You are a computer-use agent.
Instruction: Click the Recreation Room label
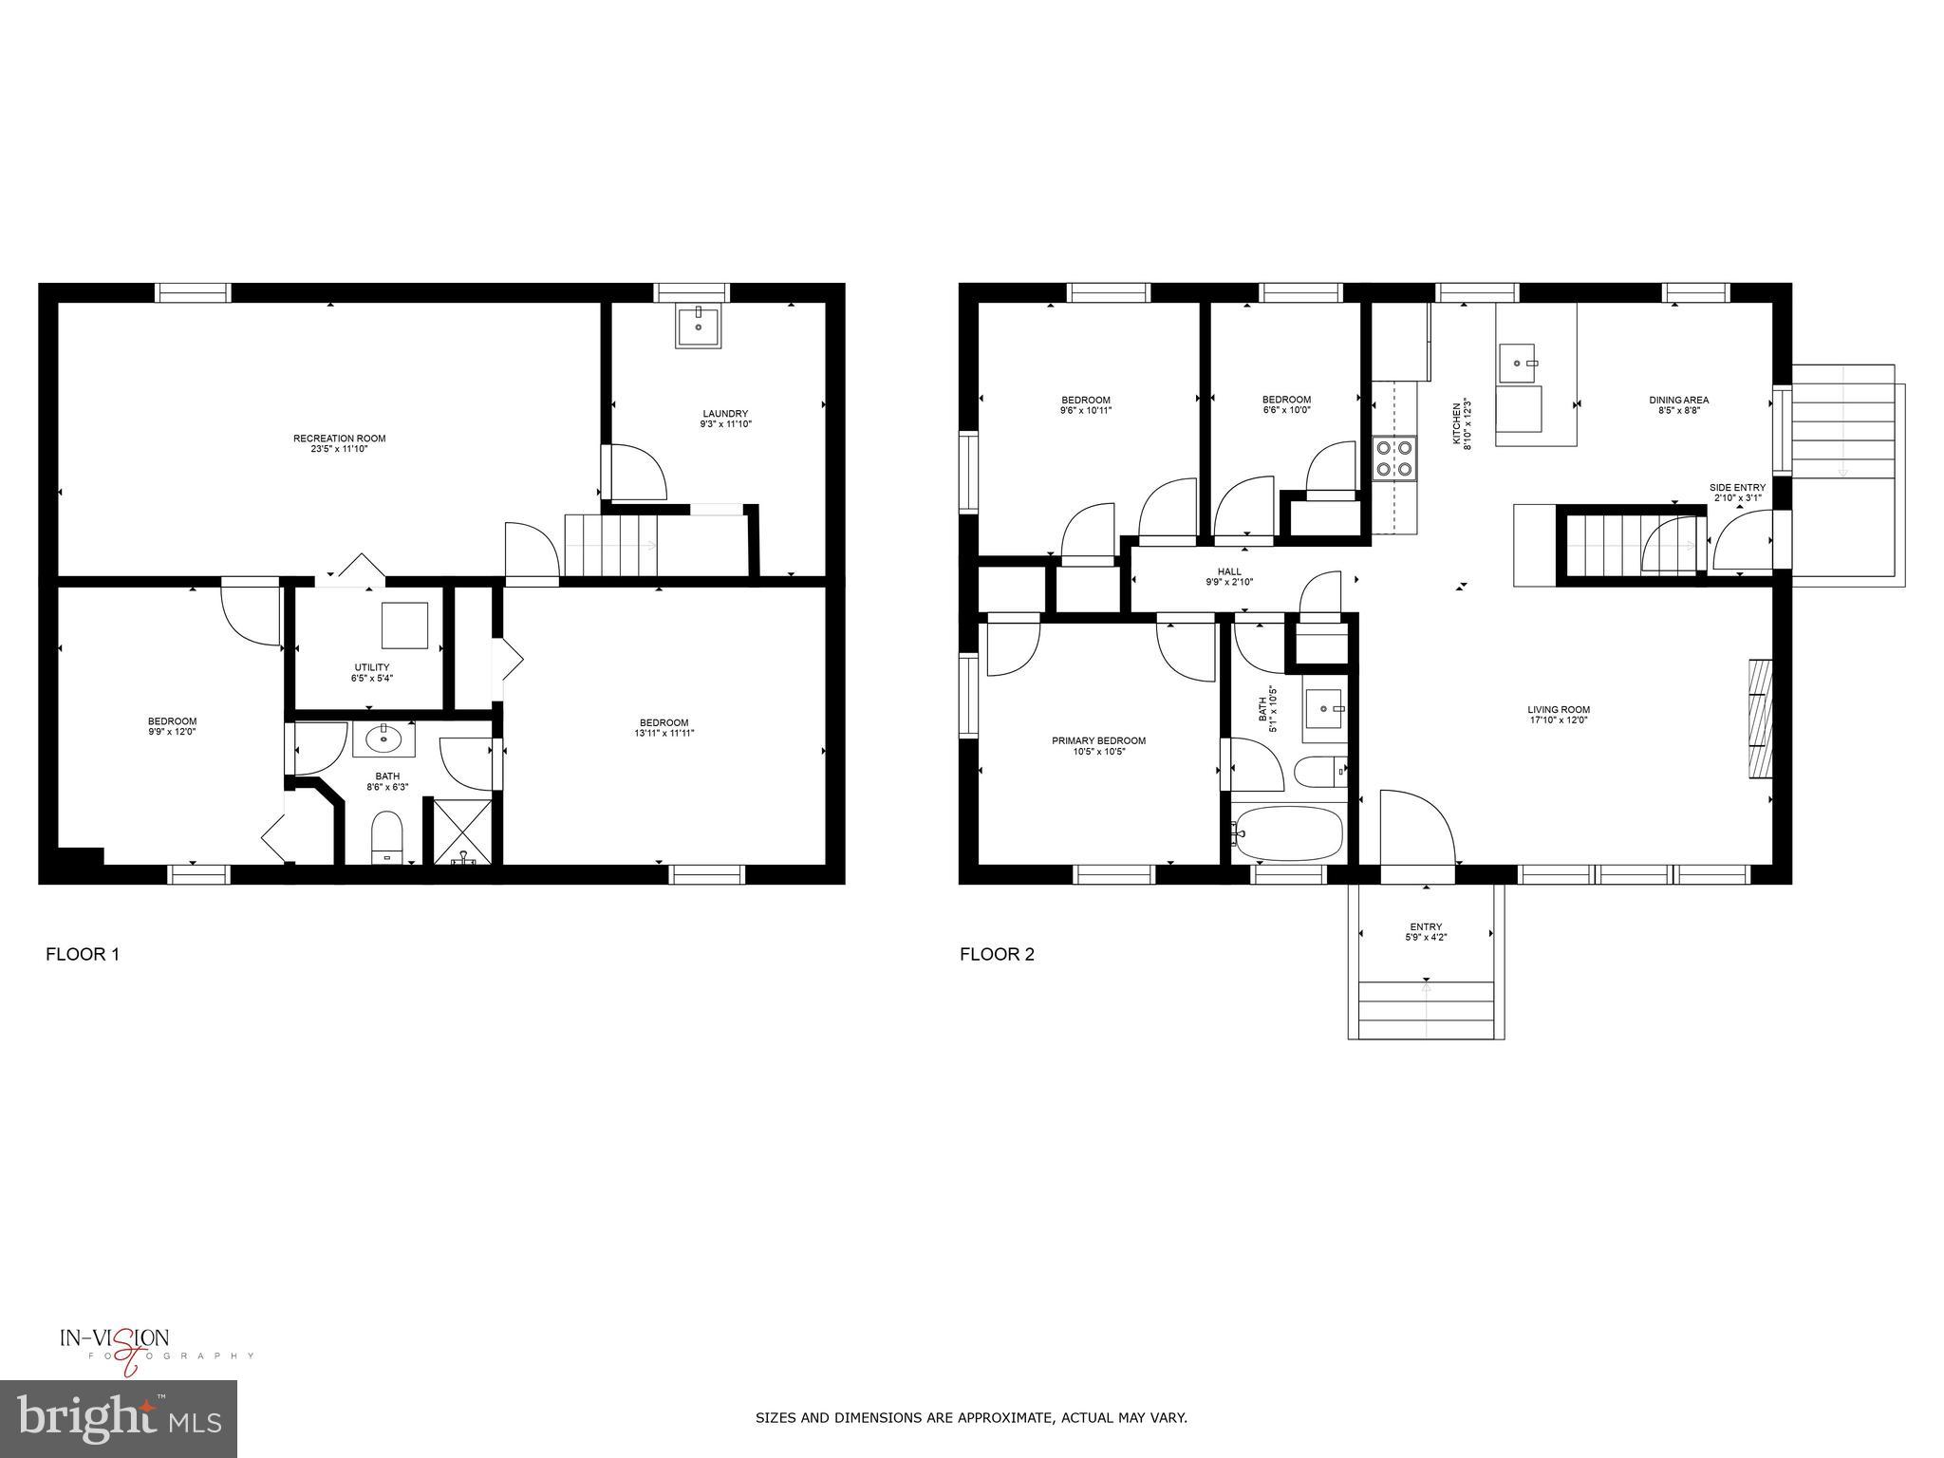pyautogui.click(x=339, y=439)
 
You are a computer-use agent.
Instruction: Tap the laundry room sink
pyautogui.click(x=699, y=326)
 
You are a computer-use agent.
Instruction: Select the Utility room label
pyautogui.click(x=371, y=667)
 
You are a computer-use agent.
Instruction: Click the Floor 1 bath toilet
pyautogui.click(x=387, y=835)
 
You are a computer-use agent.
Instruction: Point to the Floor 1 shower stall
pyautogui.click(x=463, y=832)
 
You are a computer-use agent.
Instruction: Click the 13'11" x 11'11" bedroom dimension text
pyautogui.click(x=664, y=733)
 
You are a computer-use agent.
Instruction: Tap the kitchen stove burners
pyautogui.click(x=1393, y=458)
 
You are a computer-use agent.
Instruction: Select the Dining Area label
pyautogui.click(x=1678, y=400)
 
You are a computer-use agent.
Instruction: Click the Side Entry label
pyautogui.click(x=1737, y=487)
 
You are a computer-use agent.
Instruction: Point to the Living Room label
pyautogui.click(x=1558, y=709)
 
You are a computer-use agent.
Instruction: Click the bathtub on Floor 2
pyautogui.click(x=1288, y=832)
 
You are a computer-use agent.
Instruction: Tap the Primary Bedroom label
pyautogui.click(x=1098, y=740)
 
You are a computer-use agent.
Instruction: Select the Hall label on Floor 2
pyautogui.click(x=1229, y=571)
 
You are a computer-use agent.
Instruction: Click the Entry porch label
pyautogui.click(x=1426, y=926)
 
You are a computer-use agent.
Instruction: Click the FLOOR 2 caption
pyautogui.click(x=997, y=954)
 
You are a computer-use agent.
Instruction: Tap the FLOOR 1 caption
pyautogui.click(x=83, y=954)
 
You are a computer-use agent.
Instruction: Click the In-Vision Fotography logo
pyautogui.click(x=133, y=1346)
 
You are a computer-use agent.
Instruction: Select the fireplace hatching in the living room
pyautogui.click(x=1761, y=719)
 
